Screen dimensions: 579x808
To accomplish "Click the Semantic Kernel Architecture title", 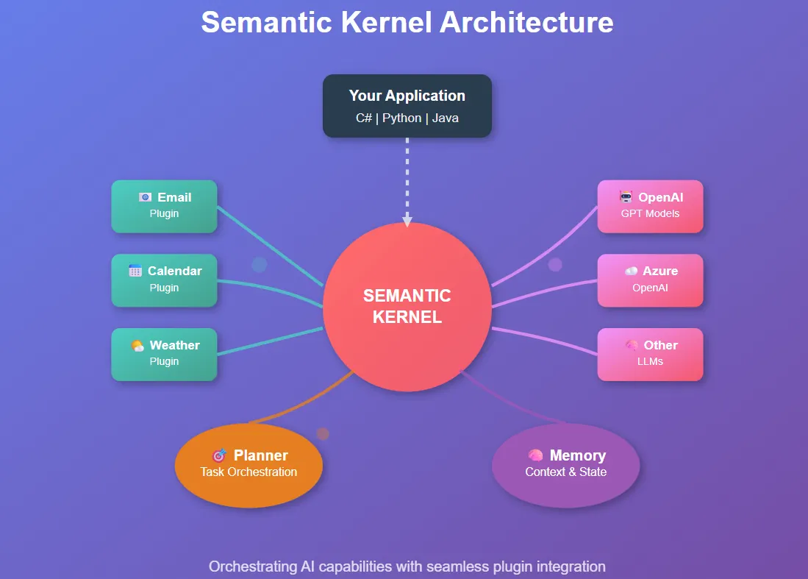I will (x=407, y=22).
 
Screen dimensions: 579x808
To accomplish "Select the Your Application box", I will (x=407, y=105).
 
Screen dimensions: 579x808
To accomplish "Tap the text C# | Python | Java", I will (x=407, y=118).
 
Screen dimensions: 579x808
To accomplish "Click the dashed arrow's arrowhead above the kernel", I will (x=407, y=221).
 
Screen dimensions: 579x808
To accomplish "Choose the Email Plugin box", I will (x=164, y=206).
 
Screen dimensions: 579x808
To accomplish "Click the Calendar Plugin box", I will (x=164, y=280).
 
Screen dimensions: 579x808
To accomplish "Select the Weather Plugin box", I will (x=164, y=354).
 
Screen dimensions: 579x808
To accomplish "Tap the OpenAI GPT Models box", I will (x=650, y=206).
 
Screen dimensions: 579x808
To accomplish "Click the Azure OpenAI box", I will (x=650, y=280).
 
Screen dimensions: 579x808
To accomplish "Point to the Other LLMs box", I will (x=650, y=354).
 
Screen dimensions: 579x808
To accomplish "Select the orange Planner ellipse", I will (x=249, y=465).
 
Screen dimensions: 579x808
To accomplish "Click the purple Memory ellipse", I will (x=565, y=465).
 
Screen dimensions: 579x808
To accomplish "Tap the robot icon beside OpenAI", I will (x=626, y=197).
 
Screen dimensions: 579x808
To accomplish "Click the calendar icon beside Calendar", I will (x=135, y=271).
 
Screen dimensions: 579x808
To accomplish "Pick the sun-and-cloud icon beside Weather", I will (x=137, y=345).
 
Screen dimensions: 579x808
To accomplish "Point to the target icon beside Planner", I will (x=218, y=455).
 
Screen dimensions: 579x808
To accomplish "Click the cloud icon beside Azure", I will (x=631, y=271).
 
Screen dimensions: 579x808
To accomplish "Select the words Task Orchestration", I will (x=249, y=472).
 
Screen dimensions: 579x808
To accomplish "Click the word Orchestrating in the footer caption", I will (x=251, y=566).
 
